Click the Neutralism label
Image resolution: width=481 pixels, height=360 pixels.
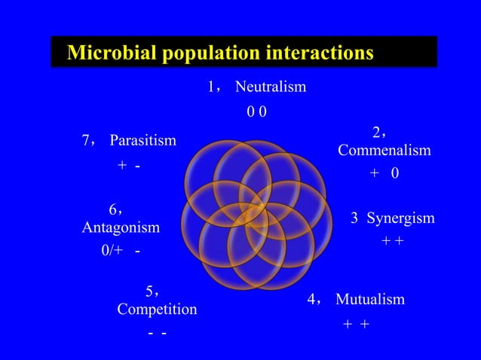click(271, 87)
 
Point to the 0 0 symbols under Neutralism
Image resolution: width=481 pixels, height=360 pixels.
click(256, 112)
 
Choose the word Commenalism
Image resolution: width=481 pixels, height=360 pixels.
click(384, 151)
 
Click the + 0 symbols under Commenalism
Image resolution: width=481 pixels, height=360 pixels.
click(384, 174)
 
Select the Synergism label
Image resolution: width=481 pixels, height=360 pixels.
click(400, 218)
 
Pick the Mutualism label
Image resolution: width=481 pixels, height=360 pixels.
click(369, 300)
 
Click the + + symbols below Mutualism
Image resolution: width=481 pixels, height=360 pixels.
click(356, 324)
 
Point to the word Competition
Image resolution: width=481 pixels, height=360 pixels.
click(157, 310)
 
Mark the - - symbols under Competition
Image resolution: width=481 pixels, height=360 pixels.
click(158, 333)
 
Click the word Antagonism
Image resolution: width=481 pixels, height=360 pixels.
click(121, 227)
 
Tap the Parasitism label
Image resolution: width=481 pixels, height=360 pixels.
click(142, 141)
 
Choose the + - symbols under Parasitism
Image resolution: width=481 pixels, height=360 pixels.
click(129, 165)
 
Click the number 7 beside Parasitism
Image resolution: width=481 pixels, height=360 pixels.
click(86, 141)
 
